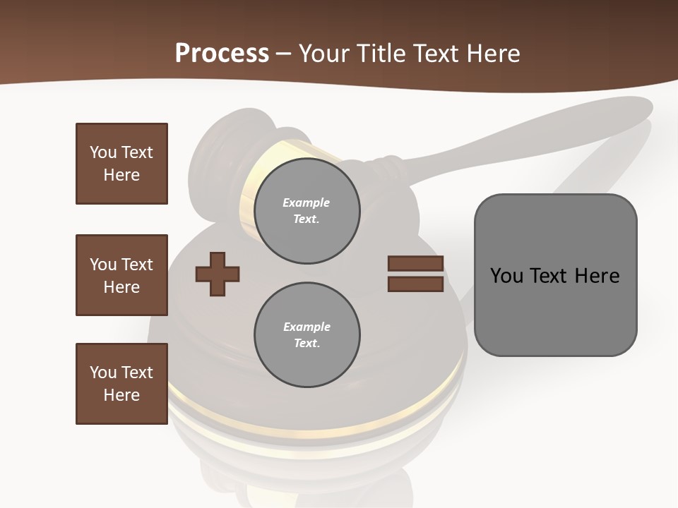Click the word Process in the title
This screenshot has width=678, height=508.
222,54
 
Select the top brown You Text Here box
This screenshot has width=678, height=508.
121,164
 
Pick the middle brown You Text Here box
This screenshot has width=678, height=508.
121,275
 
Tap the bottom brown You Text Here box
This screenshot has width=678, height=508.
121,384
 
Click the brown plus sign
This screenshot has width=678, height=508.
217,274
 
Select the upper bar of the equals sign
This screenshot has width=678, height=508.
415,264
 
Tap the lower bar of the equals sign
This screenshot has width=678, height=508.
415,284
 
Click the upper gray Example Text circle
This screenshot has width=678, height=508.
307,211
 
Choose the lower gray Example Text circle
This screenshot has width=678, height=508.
307,335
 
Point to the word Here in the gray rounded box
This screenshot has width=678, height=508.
597,276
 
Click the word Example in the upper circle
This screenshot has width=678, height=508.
307,203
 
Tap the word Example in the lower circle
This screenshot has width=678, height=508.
307,327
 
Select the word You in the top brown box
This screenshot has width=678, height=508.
102,153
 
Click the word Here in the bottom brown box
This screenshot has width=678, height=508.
121,395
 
